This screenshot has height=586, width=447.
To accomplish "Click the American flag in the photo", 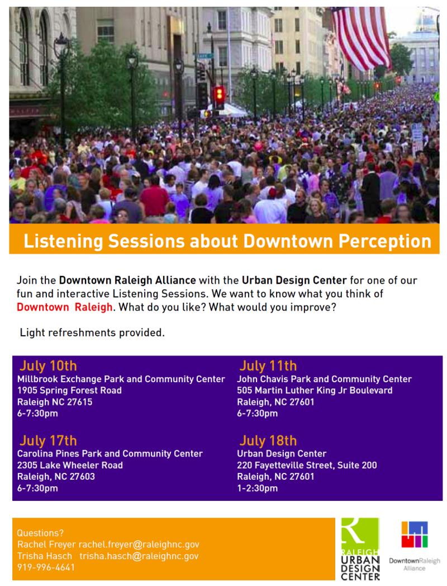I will [x=362, y=34].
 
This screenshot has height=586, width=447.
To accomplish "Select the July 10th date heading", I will [x=48, y=367].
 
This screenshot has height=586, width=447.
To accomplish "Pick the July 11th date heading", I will [x=268, y=367].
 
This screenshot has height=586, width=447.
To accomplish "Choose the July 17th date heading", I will [x=48, y=440].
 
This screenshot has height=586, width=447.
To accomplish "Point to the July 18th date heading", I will [x=268, y=440].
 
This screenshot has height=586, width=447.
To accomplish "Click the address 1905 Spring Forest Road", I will [x=69, y=391].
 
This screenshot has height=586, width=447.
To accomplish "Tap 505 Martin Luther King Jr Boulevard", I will [x=315, y=391].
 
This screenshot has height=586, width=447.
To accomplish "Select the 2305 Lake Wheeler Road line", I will [x=70, y=465].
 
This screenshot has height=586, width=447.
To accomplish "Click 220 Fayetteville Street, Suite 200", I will [x=307, y=465].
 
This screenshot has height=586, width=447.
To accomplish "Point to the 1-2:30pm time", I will [x=257, y=489].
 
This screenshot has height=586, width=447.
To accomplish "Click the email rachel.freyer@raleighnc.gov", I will [x=139, y=545].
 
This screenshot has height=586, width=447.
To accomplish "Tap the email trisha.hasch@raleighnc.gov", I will [x=139, y=556].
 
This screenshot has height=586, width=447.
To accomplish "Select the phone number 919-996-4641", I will [x=46, y=567].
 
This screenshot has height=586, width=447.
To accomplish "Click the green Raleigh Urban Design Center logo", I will [x=360, y=549].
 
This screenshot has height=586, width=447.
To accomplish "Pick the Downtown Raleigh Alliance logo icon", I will [x=414, y=535].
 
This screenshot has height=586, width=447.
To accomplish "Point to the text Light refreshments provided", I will [x=92, y=333].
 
